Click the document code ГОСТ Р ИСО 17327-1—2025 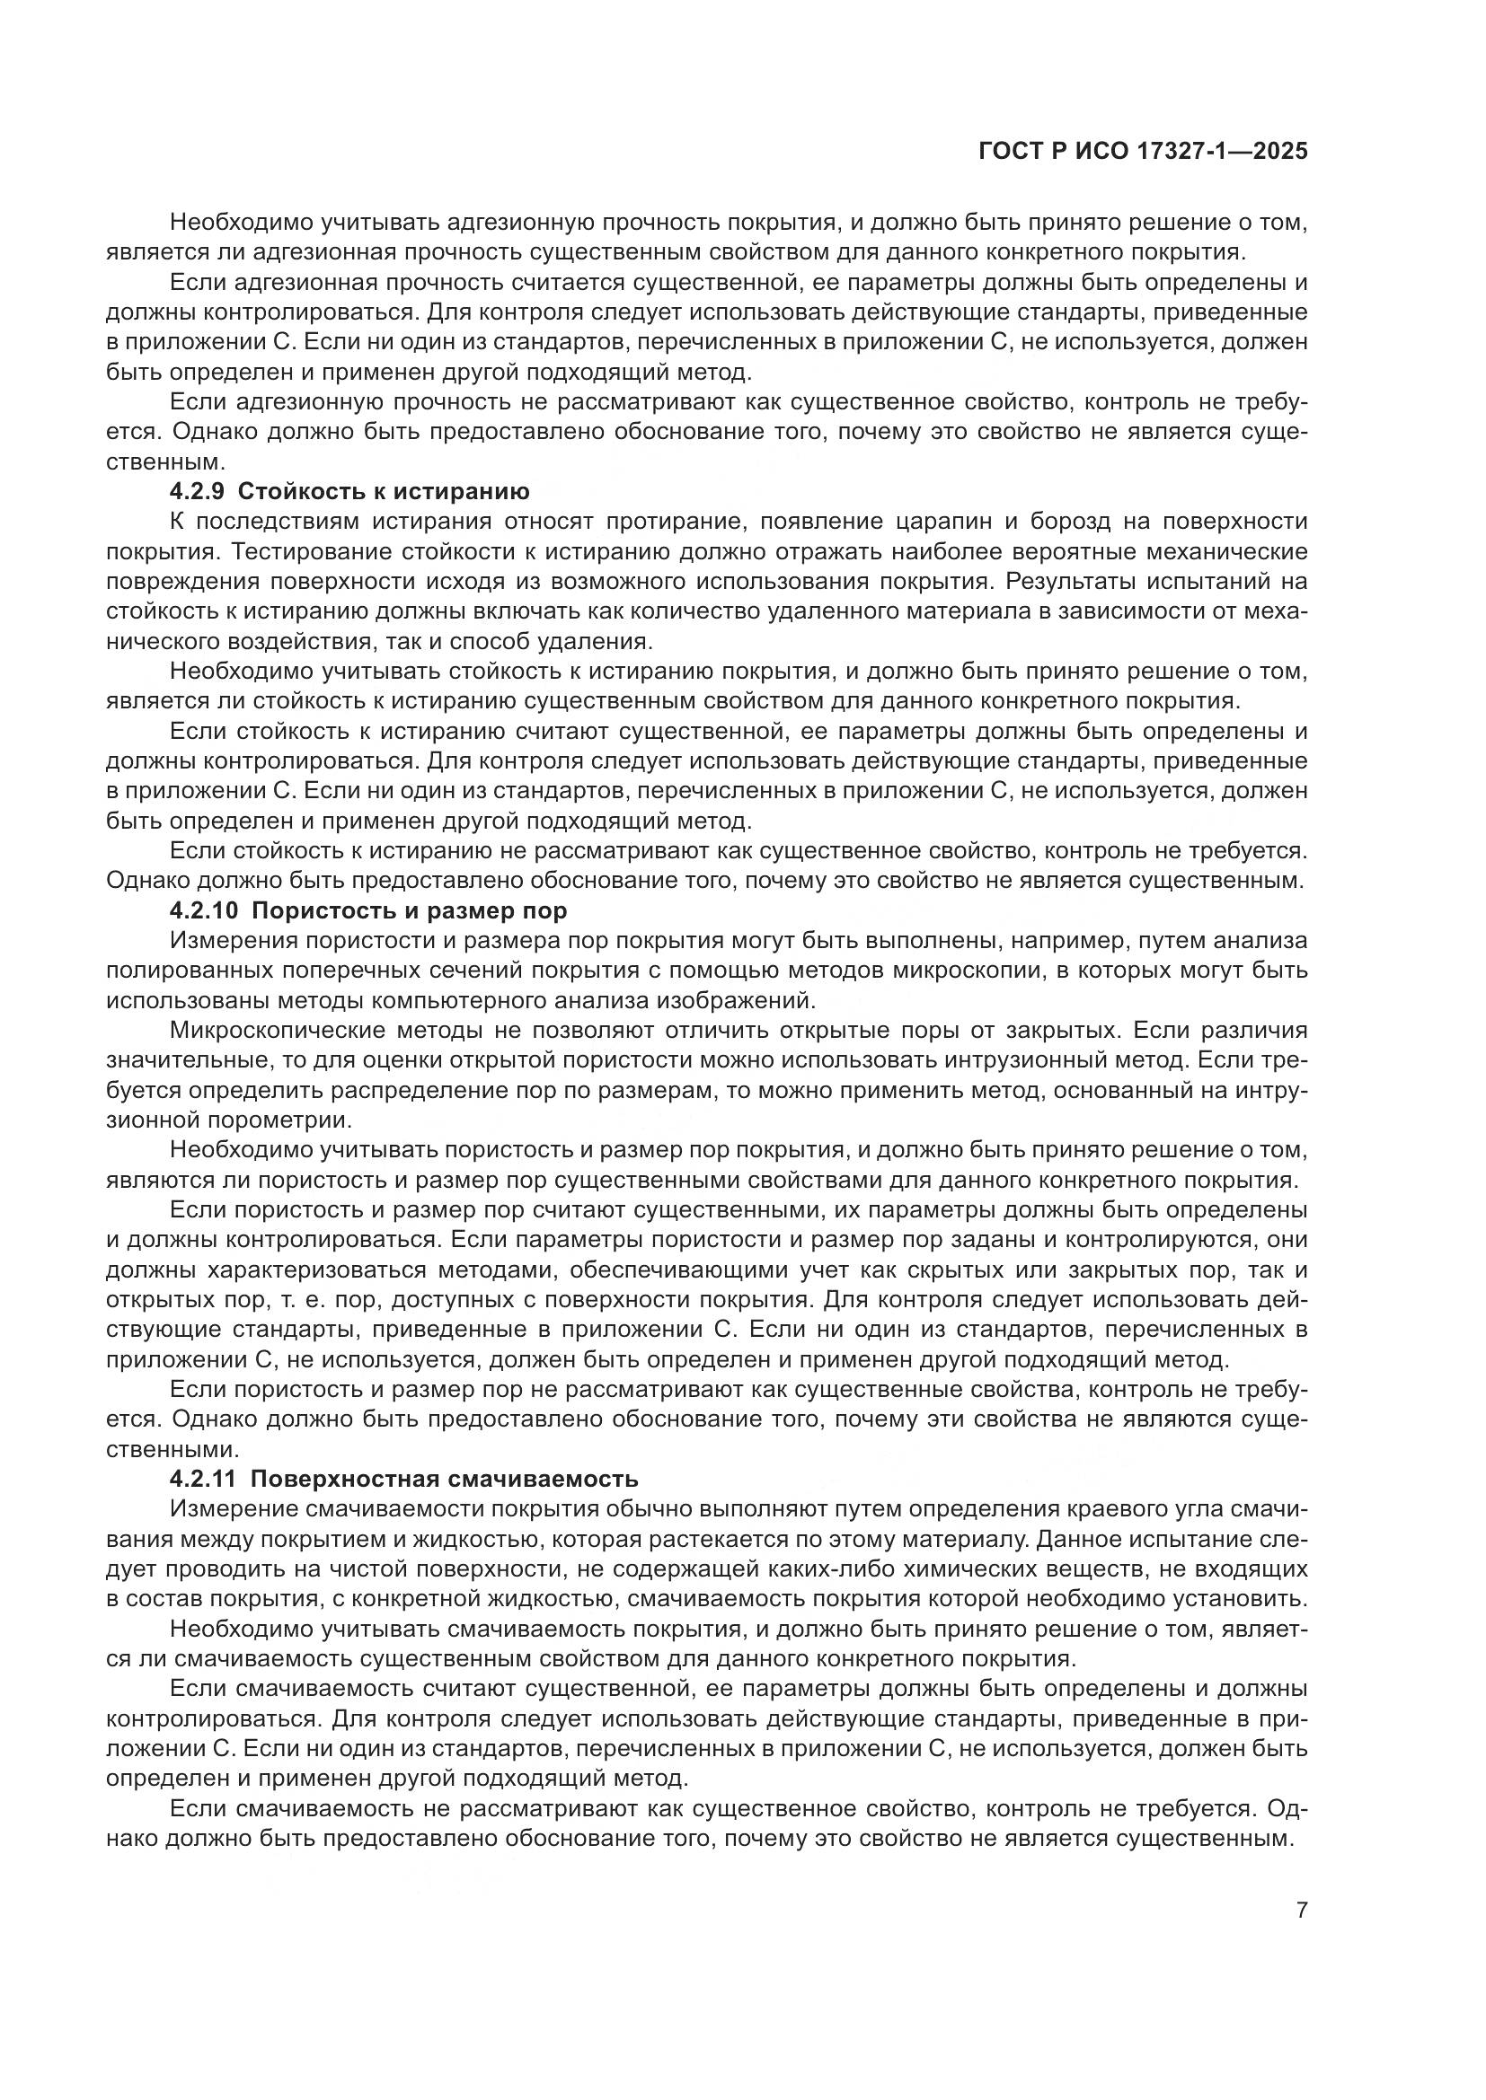1143,152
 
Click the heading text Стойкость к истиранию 384,492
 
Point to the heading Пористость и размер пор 408,911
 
